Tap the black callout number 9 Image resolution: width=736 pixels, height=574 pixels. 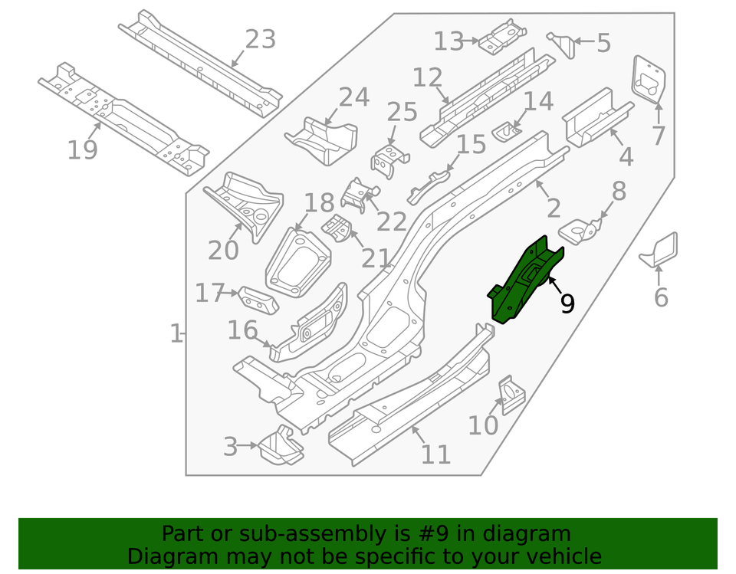(567, 303)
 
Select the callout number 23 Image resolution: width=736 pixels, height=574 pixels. (260, 38)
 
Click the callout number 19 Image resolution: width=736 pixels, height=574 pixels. (82, 149)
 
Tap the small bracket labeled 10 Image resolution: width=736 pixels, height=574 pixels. (510, 392)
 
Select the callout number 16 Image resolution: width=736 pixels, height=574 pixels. (242, 330)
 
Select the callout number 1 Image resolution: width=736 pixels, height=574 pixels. (176, 334)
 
